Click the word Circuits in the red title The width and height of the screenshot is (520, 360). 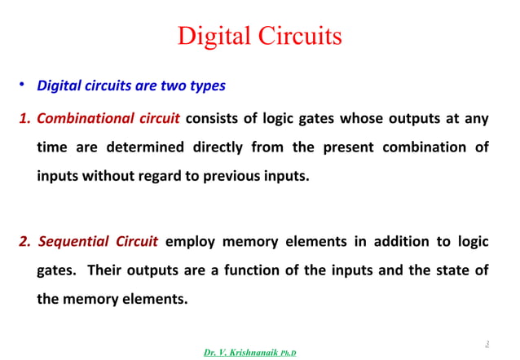[x=297, y=37]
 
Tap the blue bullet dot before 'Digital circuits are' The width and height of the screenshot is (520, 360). [x=24, y=85]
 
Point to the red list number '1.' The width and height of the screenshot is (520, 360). [x=24, y=120]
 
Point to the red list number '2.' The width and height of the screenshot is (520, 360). [x=25, y=242]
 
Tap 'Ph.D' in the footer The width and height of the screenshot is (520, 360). [x=289, y=353]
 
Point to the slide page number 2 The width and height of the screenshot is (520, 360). [x=487, y=343]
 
